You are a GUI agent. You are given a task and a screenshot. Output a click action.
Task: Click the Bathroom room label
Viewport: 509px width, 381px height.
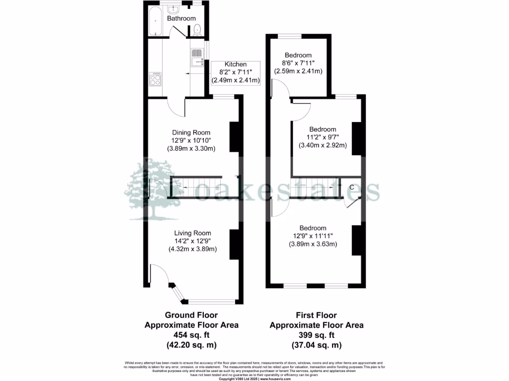point(181,18)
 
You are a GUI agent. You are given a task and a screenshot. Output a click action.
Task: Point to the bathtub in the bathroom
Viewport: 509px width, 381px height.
point(155,20)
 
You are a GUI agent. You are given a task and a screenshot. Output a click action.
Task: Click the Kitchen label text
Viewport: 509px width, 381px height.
point(235,64)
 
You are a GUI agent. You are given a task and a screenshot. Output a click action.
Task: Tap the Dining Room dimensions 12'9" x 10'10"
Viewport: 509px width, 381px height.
point(191,140)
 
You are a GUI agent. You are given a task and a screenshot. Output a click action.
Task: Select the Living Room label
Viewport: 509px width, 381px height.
point(192,233)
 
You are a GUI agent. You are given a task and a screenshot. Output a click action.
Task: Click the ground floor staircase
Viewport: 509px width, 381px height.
point(195,188)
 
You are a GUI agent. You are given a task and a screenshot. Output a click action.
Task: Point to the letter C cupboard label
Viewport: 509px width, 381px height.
point(352,187)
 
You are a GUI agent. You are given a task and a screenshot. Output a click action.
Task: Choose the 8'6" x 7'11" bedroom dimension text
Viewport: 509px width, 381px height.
point(298,63)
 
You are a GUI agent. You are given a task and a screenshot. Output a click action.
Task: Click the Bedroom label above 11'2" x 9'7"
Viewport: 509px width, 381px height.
point(323,129)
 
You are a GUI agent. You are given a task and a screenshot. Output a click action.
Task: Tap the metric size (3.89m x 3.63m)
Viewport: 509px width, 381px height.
point(313,244)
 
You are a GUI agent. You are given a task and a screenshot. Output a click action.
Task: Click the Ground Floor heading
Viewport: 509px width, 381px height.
point(191,315)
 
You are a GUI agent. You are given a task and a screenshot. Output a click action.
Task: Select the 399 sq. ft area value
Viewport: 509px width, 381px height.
point(317,335)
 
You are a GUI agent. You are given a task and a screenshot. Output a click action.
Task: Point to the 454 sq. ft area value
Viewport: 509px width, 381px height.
point(191,335)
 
